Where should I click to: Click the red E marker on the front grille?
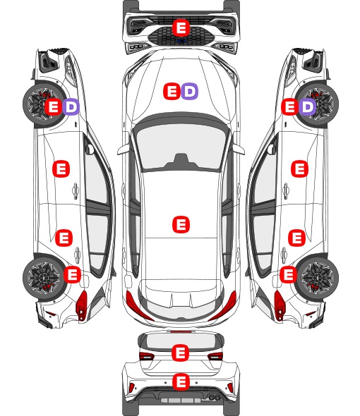pos(181,27)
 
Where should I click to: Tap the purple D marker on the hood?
pos(189,91)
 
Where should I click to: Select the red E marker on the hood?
pos(172,91)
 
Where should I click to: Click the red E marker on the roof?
pos(181,224)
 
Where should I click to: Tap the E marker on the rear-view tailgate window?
pos(181,353)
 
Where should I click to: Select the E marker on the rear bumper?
pos(181,381)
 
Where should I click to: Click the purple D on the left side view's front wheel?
pos(71,107)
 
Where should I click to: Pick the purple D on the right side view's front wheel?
pos(307,107)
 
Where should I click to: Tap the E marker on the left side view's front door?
pos(61,169)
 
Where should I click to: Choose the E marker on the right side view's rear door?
pos(296,238)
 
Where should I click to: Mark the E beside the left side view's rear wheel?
pos(72,274)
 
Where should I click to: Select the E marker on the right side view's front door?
pos(300,169)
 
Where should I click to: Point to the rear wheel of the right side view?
pos(318,278)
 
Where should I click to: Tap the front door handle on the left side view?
pos(76,191)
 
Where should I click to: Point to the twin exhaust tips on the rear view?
pos(214,397)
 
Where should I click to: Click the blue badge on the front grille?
pos(181,41)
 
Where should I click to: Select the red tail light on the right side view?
pos(279,305)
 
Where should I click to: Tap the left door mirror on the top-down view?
pos(123,149)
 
